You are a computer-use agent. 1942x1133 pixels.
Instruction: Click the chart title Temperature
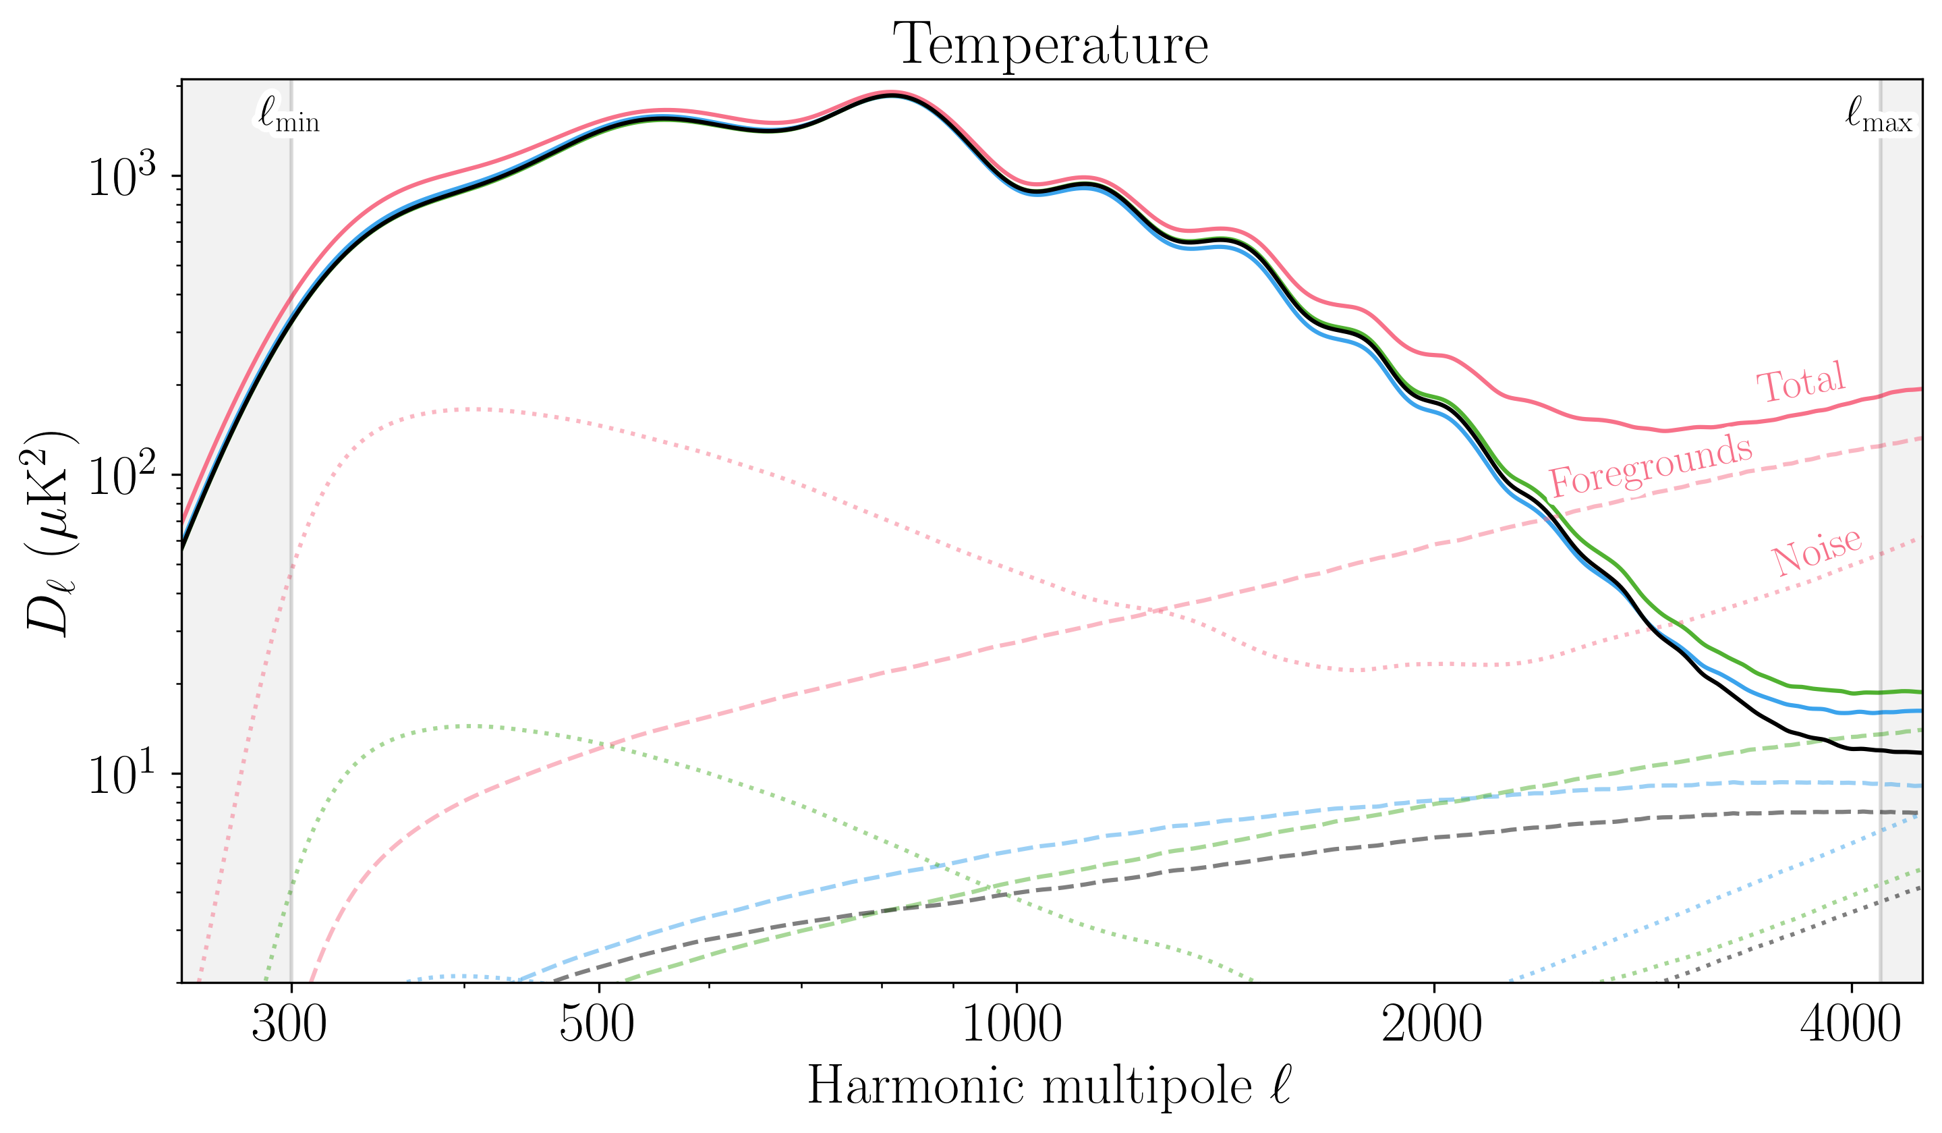click(x=1050, y=45)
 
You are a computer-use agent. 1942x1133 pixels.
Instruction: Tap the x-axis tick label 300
click(x=290, y=1026)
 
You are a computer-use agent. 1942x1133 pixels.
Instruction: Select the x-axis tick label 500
click(x=597, y=1026)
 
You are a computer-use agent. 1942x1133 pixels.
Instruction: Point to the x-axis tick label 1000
click(x=1012, y=1026)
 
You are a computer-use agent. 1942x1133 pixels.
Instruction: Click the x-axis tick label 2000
click(x=1432, y=1026)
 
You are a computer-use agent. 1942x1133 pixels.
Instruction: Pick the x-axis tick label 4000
click(x=1850, y=1026)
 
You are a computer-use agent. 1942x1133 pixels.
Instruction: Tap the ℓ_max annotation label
click(x=1879, y=118)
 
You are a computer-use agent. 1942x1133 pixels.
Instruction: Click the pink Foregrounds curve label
click(x=1651, y=466)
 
